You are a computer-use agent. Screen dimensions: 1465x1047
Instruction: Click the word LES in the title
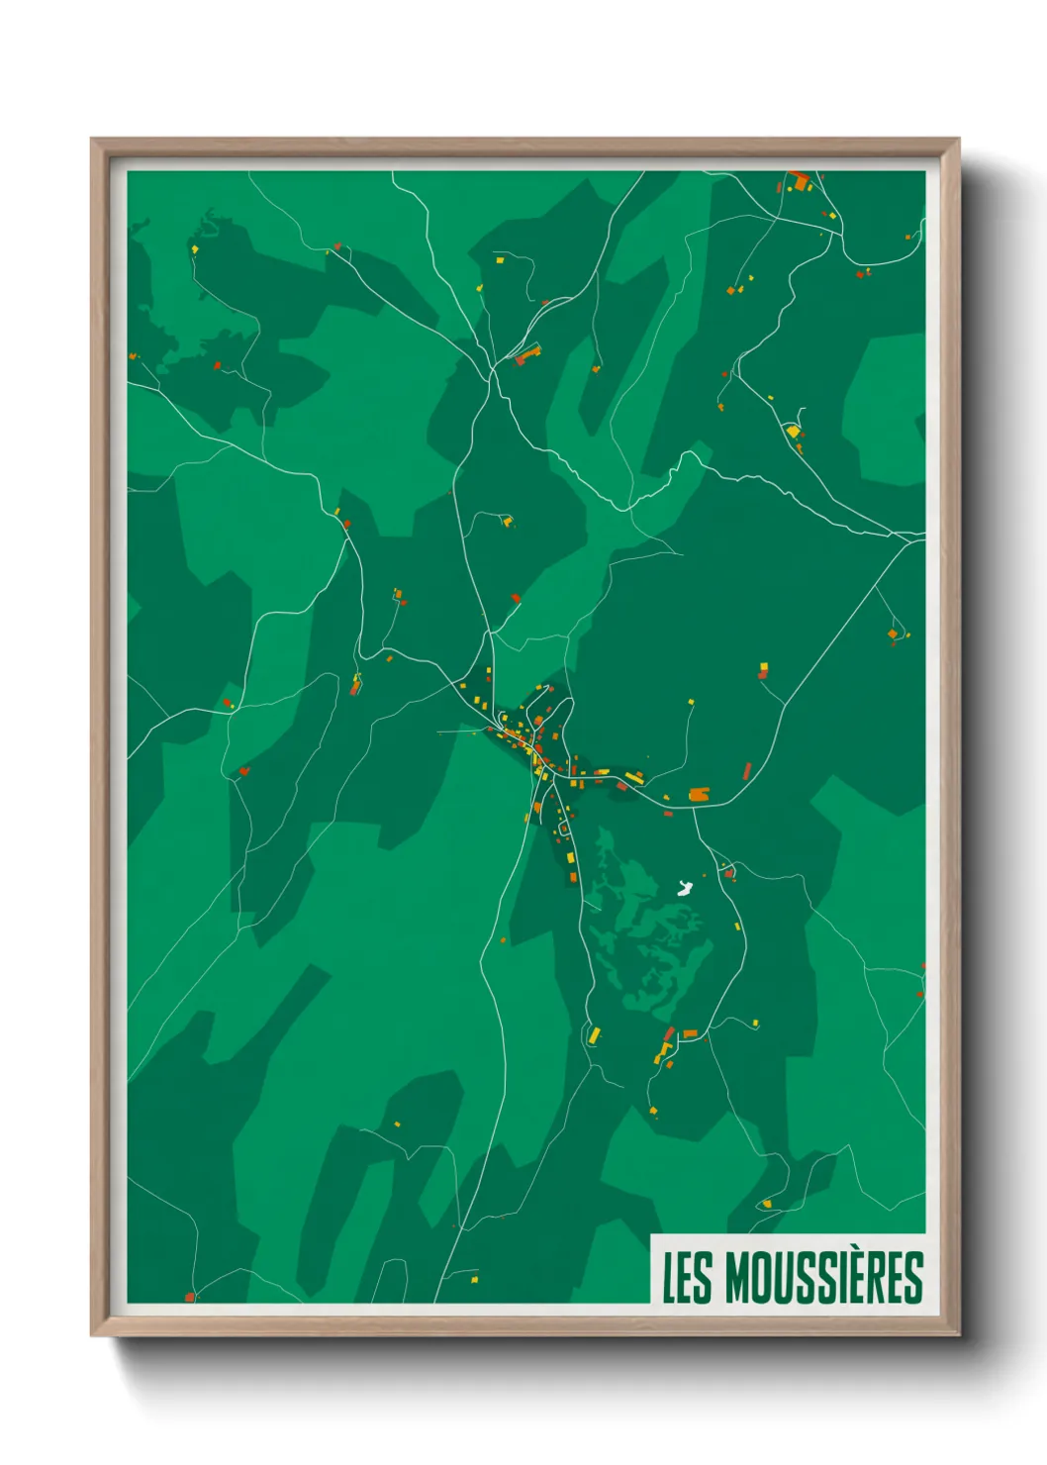686,1278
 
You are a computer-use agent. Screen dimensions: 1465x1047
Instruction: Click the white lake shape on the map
683,888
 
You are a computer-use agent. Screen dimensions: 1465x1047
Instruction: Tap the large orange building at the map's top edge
800,181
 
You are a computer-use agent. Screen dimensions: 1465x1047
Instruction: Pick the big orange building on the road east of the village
700,794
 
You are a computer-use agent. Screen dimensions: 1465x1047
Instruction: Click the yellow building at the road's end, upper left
195,249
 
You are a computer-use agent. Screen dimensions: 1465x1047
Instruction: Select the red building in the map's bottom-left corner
190,1296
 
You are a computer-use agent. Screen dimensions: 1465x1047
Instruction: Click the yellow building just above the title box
766,1204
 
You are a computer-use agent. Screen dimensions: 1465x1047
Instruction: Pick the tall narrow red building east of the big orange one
747,771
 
